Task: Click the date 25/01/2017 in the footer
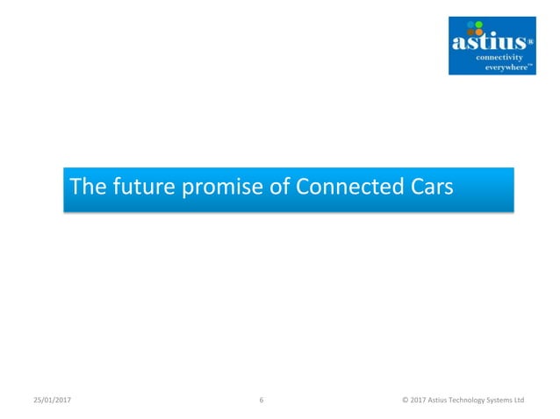[51, 400]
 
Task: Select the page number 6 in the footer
[262, 400]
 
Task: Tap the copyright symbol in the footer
[405, 400]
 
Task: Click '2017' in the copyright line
[419, 400]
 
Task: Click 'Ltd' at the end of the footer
[519, 400]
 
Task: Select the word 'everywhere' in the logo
[506, 67]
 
